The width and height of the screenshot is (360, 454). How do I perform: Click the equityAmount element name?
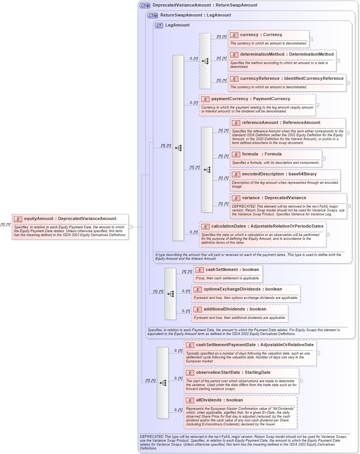pos(70,219)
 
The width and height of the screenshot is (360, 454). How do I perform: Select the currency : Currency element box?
pos(268,38)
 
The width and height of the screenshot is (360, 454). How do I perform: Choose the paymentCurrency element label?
pos(251,99)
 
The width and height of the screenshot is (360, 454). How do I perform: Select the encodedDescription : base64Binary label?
pos(279,174)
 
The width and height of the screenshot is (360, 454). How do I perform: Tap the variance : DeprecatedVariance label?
pos(274,198)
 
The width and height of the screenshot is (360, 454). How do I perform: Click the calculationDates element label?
pos(267,226)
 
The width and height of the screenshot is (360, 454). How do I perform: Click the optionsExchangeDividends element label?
pos(243,289)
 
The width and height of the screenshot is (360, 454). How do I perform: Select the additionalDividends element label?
pos(234,309)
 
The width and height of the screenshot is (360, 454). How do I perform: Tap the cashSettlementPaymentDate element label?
pos(254,345)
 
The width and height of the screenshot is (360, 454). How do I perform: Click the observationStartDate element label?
pos(233,373)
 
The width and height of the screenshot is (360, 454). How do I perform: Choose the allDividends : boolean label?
pos(219,400)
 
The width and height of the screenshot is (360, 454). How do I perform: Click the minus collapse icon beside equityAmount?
pos(130,227)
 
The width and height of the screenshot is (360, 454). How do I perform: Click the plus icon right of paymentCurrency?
pos(317,105)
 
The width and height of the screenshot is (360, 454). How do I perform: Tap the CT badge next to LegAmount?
pos(159,25)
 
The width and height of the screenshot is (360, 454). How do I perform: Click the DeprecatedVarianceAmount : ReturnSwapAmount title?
pos(205,5)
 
